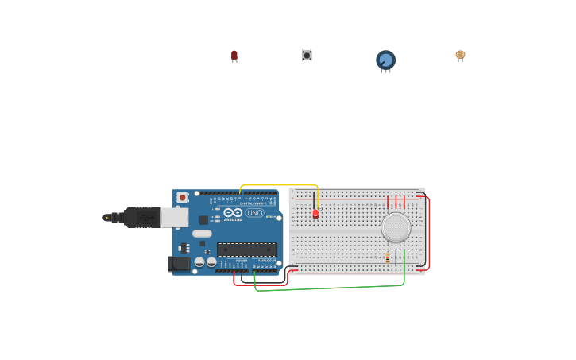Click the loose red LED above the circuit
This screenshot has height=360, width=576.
click(x=234, y=55)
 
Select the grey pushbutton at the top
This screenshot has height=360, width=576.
click(x=307, y=55)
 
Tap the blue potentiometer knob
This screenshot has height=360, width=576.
click(x=385, y=60)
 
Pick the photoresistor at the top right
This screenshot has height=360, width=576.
click(x=460, y=55)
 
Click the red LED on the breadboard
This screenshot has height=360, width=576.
click(x=315, y=213)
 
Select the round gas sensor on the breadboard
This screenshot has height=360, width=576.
click(x=396, y=227)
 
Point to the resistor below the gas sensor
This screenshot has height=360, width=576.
click(x=388, y=257)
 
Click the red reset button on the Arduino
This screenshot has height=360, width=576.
click(x=183, y=197)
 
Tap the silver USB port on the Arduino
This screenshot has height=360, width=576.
click(x=175, y=217)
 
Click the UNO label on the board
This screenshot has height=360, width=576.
click(x=255, y=213)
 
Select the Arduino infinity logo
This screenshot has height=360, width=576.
click(x=233, y=212)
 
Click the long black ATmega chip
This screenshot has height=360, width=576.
click(x=247, y=250)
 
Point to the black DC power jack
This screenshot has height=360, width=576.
click(x=179, y=264)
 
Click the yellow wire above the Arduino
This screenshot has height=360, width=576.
click(x=278, y=186)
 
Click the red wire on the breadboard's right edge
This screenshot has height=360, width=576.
click(x=430, y=230)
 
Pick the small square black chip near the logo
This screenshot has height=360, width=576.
click(x=203, y=220)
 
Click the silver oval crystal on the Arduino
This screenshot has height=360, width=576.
click(x=202, y=234)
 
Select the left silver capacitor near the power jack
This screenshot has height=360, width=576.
click(x=199, y=261)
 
